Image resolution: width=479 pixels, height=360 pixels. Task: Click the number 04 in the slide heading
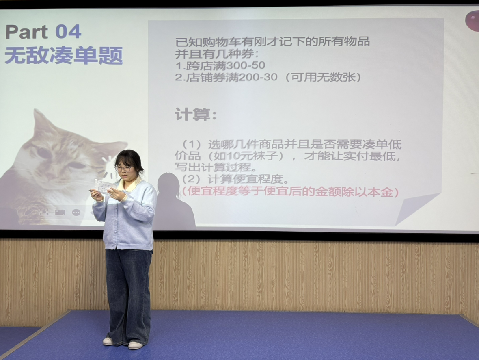(x=68, y=32)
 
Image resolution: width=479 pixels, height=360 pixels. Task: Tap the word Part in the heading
(x=27, y=32)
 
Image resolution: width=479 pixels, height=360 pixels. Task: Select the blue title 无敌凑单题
(x=64, y=55)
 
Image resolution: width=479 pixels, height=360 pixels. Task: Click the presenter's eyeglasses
(x=123, y=169)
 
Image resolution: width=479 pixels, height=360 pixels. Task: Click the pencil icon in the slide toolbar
(x=28, y=212)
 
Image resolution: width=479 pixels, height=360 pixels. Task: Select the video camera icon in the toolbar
(x=60, y=212)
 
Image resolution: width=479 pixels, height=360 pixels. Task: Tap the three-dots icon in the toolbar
(x=76, y=212)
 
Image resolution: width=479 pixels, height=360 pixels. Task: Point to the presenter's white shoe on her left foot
(x=136, y=345)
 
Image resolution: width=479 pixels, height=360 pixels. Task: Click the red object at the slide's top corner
(x=472, y=20)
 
